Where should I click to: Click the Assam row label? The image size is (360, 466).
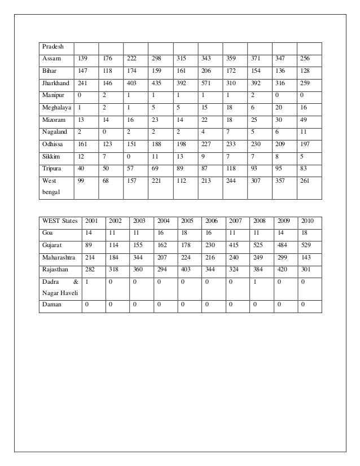(x=51, y=59)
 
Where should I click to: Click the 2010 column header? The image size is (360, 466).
(x=308, y=220)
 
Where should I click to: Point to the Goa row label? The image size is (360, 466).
(x=46, y=232)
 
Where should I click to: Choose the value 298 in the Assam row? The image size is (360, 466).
(x=157, y=59)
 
